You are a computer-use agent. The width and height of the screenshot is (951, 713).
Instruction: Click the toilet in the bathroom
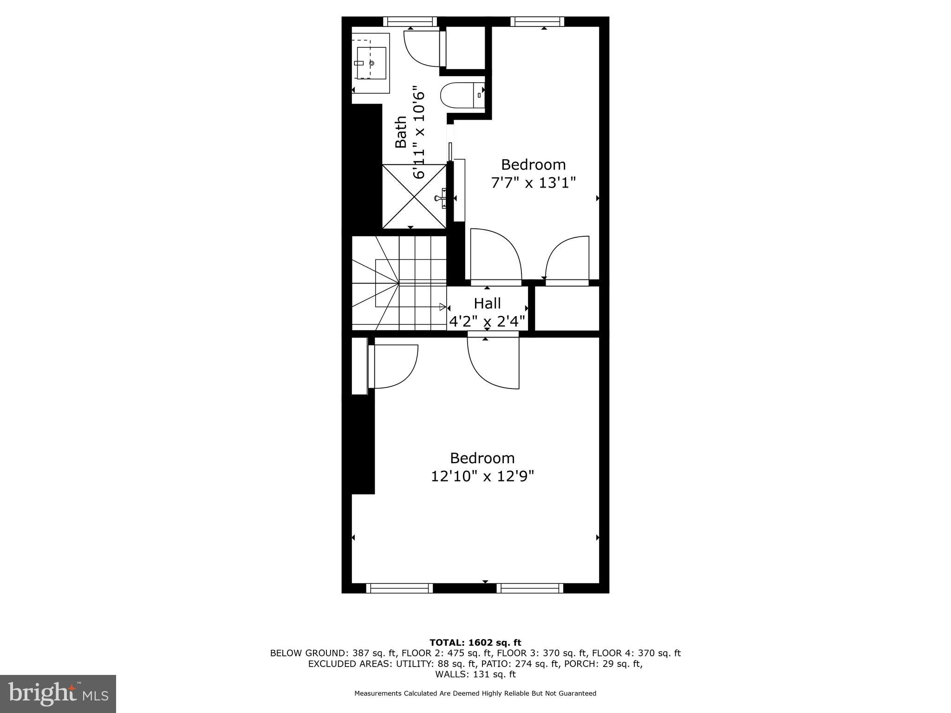[x=460, y=96]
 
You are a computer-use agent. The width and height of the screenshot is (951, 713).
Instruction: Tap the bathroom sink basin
[x=371, y=63]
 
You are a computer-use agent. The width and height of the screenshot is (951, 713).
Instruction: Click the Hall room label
[x=487, y=304]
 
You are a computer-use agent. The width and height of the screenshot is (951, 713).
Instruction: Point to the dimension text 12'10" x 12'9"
[x=482, y=476]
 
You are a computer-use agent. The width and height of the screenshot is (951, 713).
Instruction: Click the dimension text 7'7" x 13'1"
[x=533, y=182]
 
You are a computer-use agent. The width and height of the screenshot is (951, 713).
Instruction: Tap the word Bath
[x=401, y=132]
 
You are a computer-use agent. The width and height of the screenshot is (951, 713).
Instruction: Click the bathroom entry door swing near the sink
[x=420, y=49]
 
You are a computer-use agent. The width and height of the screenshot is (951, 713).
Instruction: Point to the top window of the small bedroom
[x=537, y=21]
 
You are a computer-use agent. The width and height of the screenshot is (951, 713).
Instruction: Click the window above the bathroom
[x=410, y=21]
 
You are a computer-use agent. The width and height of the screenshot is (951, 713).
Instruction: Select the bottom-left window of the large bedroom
[x=399, y=588]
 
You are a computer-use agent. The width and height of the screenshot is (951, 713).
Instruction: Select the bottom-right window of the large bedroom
[x=530, y=588]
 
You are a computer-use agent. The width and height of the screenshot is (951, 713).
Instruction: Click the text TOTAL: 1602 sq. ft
[x=475, y=643]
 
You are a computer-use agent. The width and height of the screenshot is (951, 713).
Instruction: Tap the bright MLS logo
[x=58, y=694]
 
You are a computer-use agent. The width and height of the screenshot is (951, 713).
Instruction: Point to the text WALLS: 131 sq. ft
[x=475, y=674]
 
